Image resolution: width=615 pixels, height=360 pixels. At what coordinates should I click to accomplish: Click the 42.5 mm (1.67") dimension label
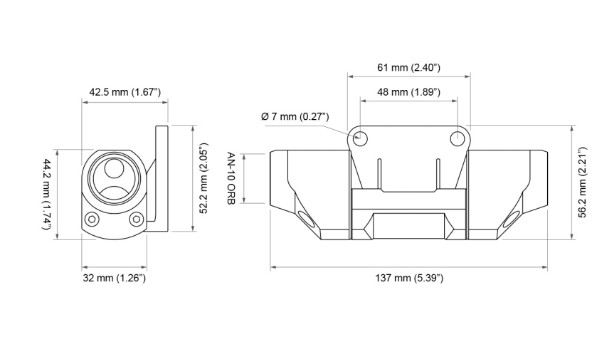pos(125,93)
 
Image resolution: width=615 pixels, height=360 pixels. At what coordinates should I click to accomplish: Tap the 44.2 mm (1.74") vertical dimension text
pos(47,194)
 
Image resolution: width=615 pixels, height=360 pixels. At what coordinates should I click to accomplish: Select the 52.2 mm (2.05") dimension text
pos(203,178)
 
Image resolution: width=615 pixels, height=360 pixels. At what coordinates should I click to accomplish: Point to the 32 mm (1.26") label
pos(114,278)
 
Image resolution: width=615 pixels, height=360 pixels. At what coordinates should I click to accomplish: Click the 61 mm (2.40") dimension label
pos(409,67)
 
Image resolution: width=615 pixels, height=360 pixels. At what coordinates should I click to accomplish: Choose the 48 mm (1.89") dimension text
pos(409,92)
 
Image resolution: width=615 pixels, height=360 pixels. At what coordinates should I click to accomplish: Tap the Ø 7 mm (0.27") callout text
pos(295,116)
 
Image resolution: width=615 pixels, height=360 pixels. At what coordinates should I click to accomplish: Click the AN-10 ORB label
pos(231,178)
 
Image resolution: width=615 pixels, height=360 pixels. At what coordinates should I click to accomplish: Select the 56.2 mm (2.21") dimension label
pos(583,182)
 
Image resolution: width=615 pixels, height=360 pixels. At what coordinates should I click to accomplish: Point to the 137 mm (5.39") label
pos(409,278)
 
